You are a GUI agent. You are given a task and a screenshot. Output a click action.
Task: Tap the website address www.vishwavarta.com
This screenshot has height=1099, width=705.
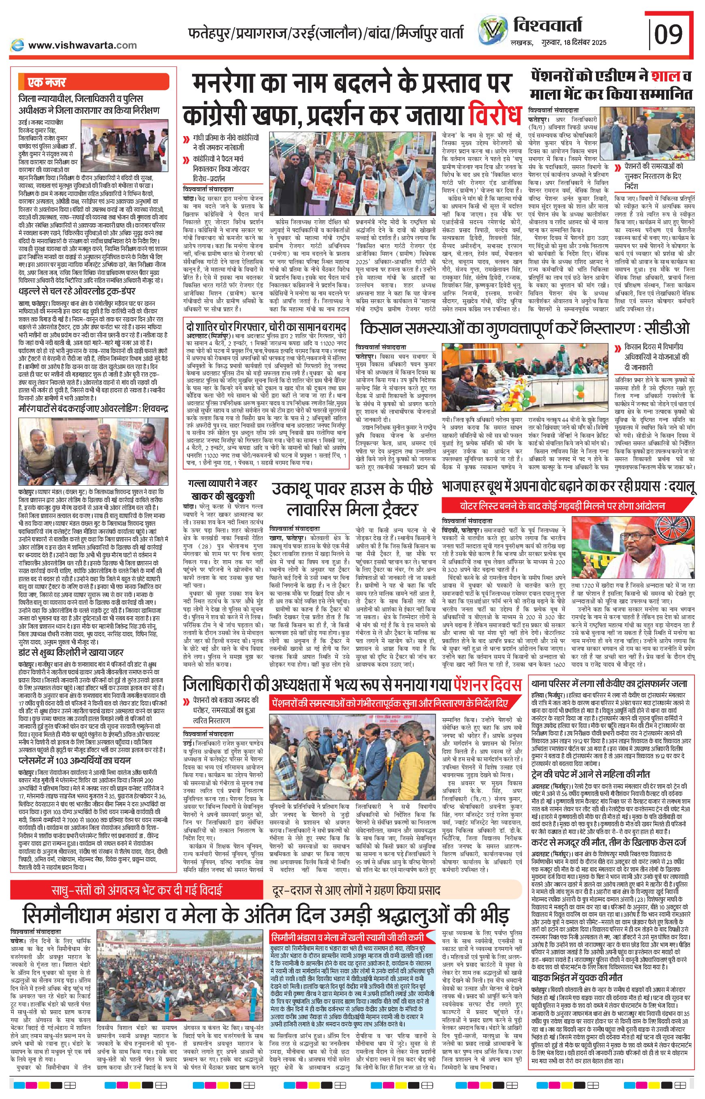(x=82, y=45)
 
